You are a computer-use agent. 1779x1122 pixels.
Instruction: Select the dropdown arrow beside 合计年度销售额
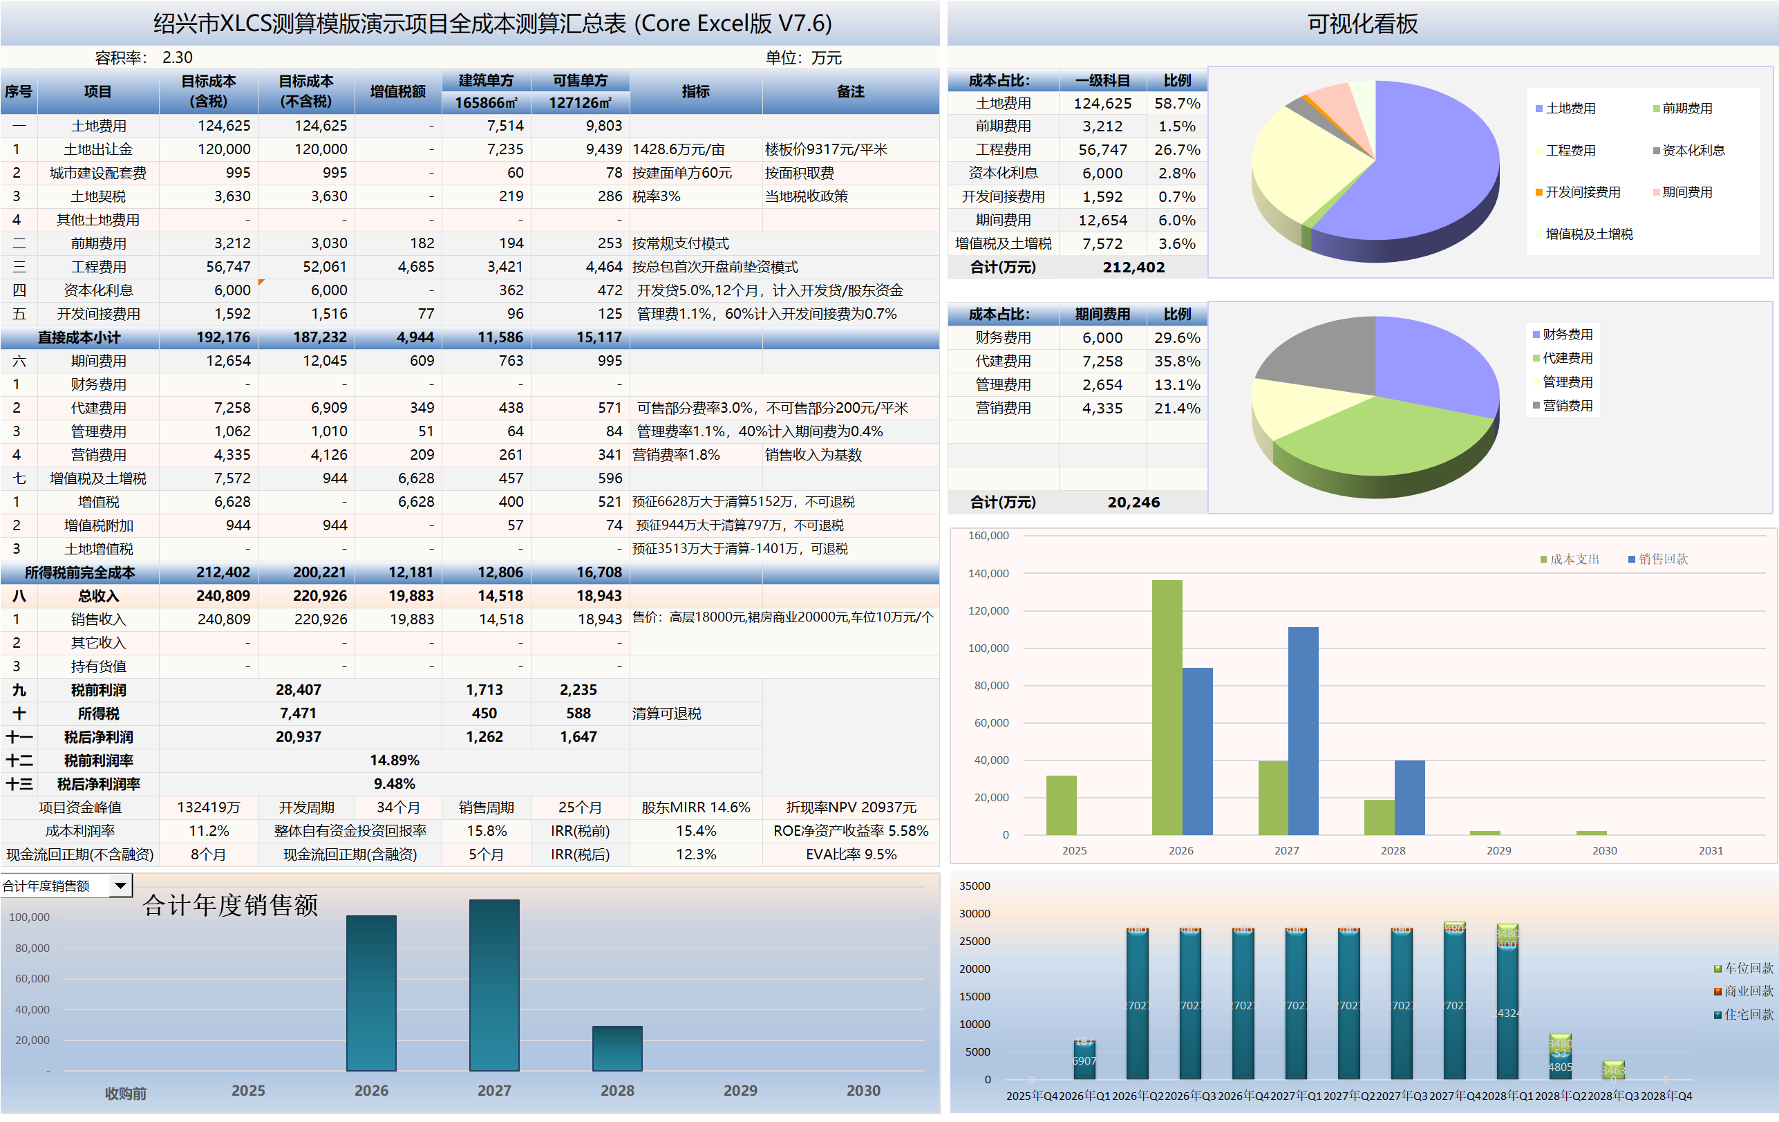[x=120, y=885]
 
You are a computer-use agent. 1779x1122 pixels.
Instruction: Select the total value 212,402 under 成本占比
[x=1133, y=267]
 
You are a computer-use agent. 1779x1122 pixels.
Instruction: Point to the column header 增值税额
[x=397, y=92]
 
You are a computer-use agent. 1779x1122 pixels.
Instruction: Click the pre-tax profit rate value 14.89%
[x=395, y=760]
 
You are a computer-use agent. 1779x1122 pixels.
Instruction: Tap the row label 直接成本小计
[x=79, y=338]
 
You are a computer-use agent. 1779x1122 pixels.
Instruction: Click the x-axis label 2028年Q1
[x=1507, y=1096]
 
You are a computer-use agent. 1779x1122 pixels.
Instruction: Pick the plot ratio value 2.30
[x=178, y=57]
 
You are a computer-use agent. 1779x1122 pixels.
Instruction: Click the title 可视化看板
[x=1362, y=24]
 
